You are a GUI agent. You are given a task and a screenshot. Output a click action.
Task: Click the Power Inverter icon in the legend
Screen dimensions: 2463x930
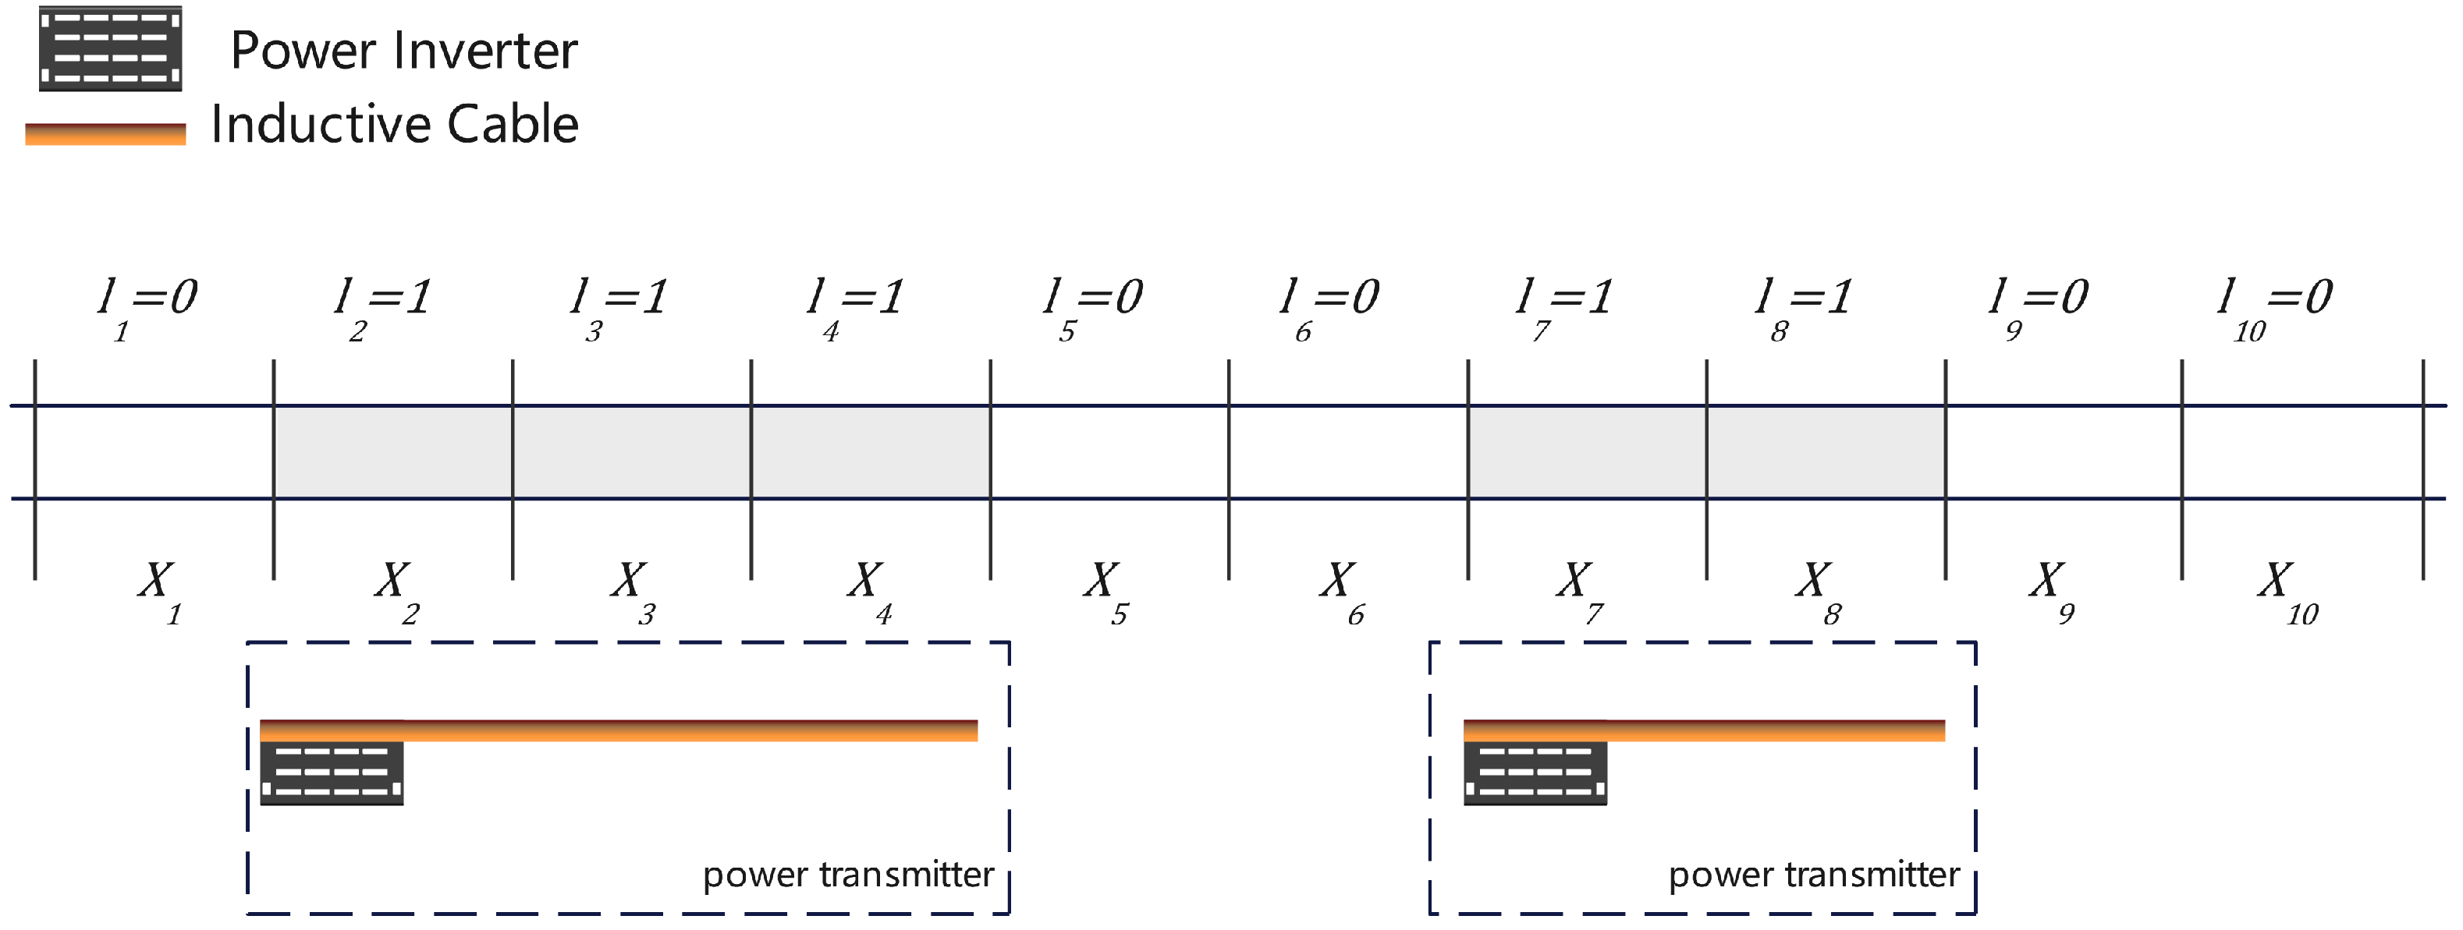point(110,49)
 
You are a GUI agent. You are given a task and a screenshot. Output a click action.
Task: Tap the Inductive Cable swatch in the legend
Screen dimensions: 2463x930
point(105,134)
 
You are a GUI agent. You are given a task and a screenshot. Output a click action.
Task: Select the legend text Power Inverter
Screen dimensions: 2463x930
point(403,51)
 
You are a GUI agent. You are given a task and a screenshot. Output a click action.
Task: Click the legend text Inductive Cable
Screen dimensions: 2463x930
point(394,124)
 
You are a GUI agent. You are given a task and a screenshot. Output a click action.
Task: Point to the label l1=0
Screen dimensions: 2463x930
point(147,304)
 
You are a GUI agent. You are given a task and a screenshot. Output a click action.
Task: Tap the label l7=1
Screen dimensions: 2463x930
point(1564,304)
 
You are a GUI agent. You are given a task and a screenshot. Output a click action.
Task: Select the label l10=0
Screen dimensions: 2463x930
point(2276,304)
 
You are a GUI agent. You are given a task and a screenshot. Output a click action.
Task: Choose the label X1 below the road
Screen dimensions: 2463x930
point(158,588)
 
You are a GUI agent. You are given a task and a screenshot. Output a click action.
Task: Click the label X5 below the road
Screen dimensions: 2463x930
point(1106,588)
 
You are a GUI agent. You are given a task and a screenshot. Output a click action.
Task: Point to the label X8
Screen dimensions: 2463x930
point(1817,588)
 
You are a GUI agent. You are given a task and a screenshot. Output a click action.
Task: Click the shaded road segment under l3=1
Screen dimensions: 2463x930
point(632,452)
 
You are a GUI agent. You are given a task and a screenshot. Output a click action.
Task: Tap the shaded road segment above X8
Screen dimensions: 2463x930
point(1826,452)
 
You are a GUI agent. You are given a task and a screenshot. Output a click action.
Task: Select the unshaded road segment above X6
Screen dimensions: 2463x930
point(1348,452)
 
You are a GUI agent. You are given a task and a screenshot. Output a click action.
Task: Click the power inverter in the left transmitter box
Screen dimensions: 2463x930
point(332,773)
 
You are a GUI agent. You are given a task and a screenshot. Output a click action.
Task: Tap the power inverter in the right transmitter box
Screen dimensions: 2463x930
point(1535,773)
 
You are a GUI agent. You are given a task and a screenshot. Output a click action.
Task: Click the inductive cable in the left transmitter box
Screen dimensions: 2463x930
point(688,730)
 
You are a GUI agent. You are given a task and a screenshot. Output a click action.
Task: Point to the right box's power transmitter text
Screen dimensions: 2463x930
point(1814,875)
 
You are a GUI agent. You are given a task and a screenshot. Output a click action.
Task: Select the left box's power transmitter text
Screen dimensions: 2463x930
point(848,875)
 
